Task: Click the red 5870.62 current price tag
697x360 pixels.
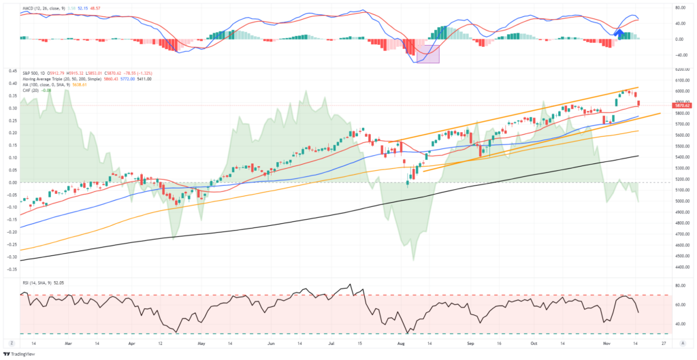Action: coord(683,105)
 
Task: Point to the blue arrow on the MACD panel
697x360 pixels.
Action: coord(619,32)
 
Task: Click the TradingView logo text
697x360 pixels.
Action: coord(22,354)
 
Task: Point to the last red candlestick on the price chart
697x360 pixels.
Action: coord(638,103)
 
